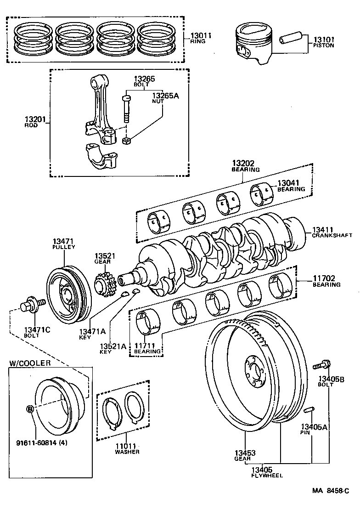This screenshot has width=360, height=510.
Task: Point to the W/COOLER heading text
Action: click(x=30, y=363)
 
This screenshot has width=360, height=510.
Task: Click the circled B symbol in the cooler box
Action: click(x=30, y=409)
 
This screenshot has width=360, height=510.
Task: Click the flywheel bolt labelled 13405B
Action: click(x=321, y=365)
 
